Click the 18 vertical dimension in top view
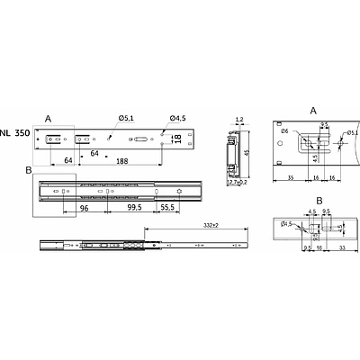[x=177, y=139]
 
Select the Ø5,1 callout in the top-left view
[x=125, y=117]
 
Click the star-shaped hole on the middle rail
[x=181, y=191]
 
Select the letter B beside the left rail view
[x=29, y=168]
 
